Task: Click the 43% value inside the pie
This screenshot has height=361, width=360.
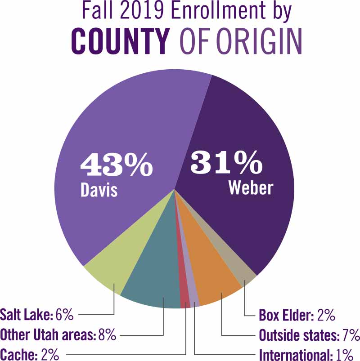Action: [116, 165]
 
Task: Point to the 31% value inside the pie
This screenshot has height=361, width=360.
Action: [226, 163]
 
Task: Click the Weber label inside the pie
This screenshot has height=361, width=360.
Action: [251, 188]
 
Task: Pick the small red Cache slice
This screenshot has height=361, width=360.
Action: [184, 299]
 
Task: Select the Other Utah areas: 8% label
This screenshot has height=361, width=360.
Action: [58, 334]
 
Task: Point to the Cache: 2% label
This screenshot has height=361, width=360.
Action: [30, 354]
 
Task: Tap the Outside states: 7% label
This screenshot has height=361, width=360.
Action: [309, 335]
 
